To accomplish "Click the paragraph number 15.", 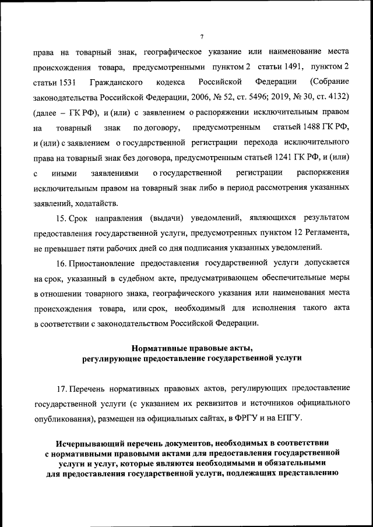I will click(x=61, y=218).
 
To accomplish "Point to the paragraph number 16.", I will click(x=61, y=263).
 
